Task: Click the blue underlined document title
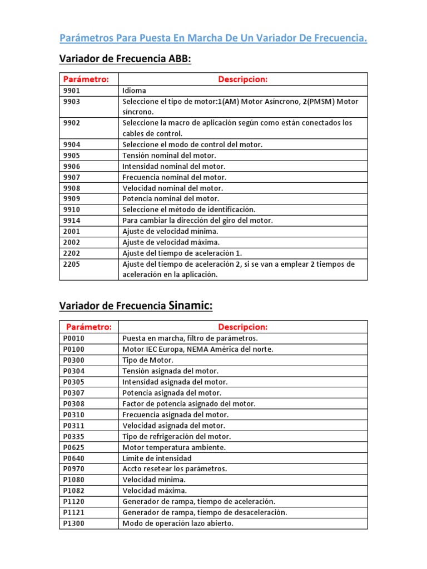click(213, 38)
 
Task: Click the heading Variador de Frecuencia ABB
click(125, 59)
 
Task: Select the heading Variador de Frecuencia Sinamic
click(136, 306)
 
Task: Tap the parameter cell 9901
click(72, 91)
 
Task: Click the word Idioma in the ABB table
click(133, 91)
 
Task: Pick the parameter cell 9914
click(72, 221)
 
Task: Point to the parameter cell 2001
click(72, 231)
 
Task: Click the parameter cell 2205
click(72, 264)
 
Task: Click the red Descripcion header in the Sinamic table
click(242, 327)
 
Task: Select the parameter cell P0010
click(74, 338)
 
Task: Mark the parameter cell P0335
click(74, 436)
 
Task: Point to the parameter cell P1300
click(74, 523)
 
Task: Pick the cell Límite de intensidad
click(157, 458)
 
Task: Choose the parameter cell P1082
click(74, 491)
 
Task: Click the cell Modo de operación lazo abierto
click(178, 523)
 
